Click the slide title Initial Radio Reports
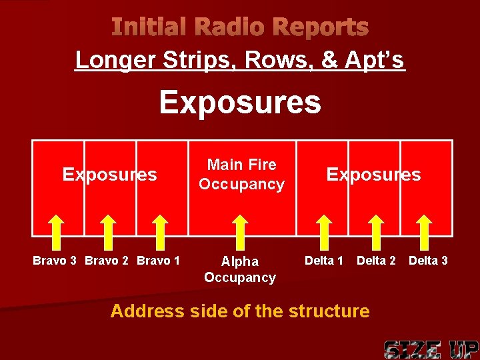click(239, 27)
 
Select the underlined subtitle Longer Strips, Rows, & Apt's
click(239, 60)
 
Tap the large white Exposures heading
click(239, 103)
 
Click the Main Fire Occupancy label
click(241, 174)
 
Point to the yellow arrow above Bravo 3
click(58, 230)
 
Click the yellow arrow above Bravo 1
click(159, 230)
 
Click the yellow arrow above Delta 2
click(377, 230)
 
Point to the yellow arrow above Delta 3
click(427, 230)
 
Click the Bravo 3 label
click(55, 260)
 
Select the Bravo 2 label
click(107, 260)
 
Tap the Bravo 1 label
click(158, 260)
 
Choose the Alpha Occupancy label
click(240, 269)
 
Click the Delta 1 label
click(324, 260)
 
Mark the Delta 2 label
click(376, 260)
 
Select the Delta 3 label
click(428, 260)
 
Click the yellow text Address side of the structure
click(239, 311)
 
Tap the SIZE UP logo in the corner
click(431, 349)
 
